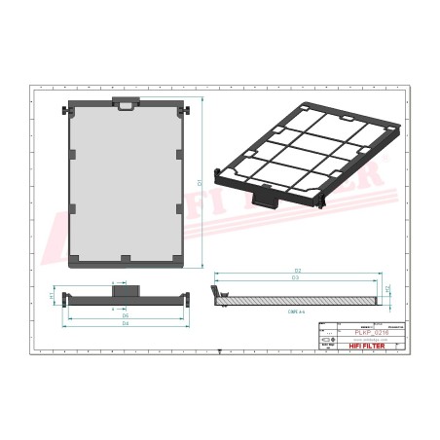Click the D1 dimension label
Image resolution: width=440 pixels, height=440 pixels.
tap(200, 182)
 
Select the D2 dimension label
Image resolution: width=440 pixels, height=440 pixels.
tap(298, 270)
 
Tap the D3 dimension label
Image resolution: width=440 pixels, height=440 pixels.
tap(296, 278)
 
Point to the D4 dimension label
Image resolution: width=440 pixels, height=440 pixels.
tap(126, 323)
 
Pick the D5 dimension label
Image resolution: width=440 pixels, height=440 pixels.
tap(126, 315)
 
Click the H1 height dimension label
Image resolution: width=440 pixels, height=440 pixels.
tap(51, 295)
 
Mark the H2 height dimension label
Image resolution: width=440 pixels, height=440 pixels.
tap(388, 289)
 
